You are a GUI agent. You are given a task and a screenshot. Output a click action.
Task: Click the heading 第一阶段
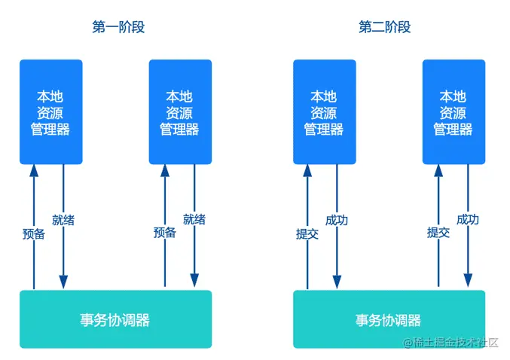point(118,27)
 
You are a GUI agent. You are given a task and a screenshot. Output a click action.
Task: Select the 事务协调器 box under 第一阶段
point(115,319)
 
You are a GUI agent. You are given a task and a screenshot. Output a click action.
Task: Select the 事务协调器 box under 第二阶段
point(389,319)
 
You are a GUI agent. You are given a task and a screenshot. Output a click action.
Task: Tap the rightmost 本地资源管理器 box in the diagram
point(454,111)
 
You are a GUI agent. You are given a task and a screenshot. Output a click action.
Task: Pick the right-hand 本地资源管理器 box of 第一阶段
point(179,111)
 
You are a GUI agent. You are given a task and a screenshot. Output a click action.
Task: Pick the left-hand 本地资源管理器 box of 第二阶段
point(324,111)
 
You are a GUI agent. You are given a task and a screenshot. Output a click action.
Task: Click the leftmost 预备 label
point(34,233)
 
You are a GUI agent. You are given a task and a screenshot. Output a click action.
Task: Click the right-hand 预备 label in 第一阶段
point(164,233)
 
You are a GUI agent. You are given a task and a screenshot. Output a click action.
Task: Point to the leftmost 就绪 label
point(63,220)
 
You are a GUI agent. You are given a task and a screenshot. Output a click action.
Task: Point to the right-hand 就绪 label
point(194,220)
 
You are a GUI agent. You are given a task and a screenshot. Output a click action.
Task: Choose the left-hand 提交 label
point(307,233)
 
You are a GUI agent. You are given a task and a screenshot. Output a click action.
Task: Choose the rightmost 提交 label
point(438,233)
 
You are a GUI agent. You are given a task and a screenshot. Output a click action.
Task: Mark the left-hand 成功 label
point(337,220)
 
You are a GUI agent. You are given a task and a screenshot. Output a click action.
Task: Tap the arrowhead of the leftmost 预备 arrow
point(34,171)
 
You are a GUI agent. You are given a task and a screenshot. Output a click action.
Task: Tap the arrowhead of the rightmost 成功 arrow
point(468,281)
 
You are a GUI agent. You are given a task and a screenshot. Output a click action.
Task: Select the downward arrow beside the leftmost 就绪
point(63,256)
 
